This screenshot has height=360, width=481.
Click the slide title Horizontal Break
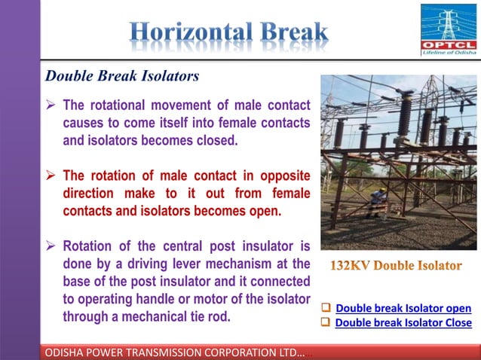pyautogui.click(x=229, y=33)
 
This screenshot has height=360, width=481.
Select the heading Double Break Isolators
pyautogui.click(x=122, y=76)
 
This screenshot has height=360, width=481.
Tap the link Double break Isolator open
pyautogui.click(x=403, y=308)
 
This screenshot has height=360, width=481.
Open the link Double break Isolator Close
pyautogui.click(x=403, y=322)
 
